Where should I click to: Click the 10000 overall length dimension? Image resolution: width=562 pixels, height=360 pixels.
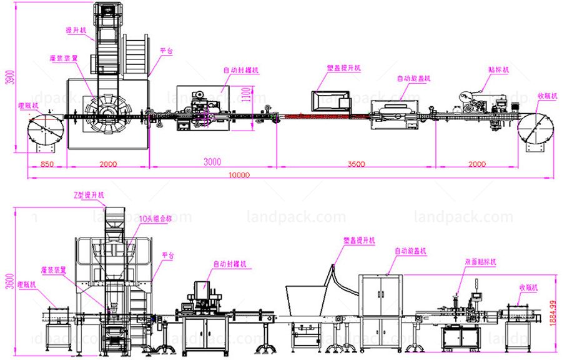(239, 175)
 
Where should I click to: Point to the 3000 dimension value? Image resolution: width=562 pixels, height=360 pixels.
(212, 162)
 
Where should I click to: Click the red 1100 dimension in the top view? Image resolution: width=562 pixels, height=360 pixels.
(247, 95)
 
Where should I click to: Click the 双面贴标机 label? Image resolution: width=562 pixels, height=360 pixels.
(480, 262)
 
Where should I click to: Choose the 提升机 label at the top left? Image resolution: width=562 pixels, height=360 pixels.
(76, 30)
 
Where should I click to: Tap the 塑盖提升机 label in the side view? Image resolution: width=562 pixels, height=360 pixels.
(359, 241)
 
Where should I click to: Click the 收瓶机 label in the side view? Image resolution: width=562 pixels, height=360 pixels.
(527, 288)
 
